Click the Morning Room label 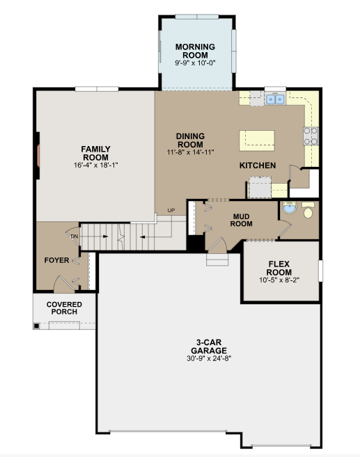(195, 51)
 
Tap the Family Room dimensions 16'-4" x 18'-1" (95, 166)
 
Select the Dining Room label (189, 140)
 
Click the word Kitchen (258, 166)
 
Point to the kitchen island (258, 140)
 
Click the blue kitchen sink (274, 99)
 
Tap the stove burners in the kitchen (311, 135)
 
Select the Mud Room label (241, 219)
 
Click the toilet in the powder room (307, 210)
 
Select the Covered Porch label (64, 307)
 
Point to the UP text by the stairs (171, 210)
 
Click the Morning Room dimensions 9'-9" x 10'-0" (195, 63)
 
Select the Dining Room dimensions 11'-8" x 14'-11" (189, 152)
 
